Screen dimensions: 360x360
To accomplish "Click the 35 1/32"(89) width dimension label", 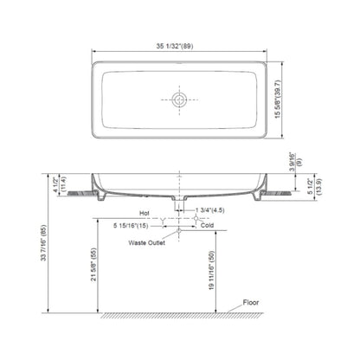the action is pyautogui.click(x=175, y=46).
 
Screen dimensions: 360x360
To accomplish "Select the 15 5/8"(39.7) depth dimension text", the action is pyautogui.click(x=278, y=99).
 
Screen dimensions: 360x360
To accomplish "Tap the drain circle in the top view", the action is pyautogui.click(x=179, y=100).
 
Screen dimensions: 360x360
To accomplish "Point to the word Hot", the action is pyautogui.click(x=145, y=213).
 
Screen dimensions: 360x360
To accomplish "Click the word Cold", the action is pyautogui.click(x=207, y=225).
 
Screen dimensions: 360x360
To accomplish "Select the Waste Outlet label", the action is pyautogui.click(x=147, y=243).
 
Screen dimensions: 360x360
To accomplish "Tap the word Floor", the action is pyautogui.click(x=251, y=302).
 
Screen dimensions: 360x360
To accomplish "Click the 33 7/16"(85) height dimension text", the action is pyautogui.click(x=43, y=243).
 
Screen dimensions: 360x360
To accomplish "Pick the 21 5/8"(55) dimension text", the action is pyautogui.click(x=94, y=265).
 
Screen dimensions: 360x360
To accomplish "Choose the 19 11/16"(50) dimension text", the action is pyautogui.click(x=212, y=270).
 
